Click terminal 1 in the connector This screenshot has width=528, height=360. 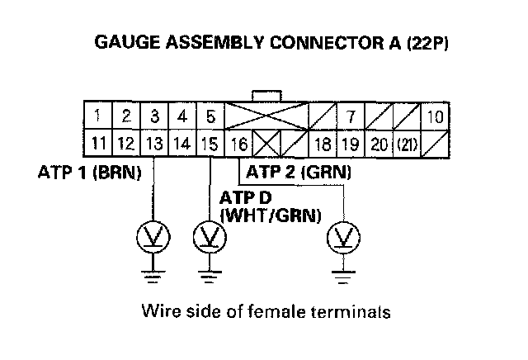pos(97,116)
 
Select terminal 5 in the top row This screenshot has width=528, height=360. pos(210,116)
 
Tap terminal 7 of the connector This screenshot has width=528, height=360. pos(351,116)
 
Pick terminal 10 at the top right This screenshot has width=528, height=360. pos(436,116)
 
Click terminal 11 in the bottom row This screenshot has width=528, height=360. pos(98,143)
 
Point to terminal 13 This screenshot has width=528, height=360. pos(154,143)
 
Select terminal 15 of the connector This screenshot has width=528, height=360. pos(210,143)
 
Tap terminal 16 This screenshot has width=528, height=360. pos(238,143)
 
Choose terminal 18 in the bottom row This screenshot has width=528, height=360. pos(323,143)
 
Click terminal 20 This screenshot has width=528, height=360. pos(379,143)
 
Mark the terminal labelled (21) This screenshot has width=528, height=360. pos(407,143)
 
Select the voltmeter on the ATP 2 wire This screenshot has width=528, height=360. pos(340,239)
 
